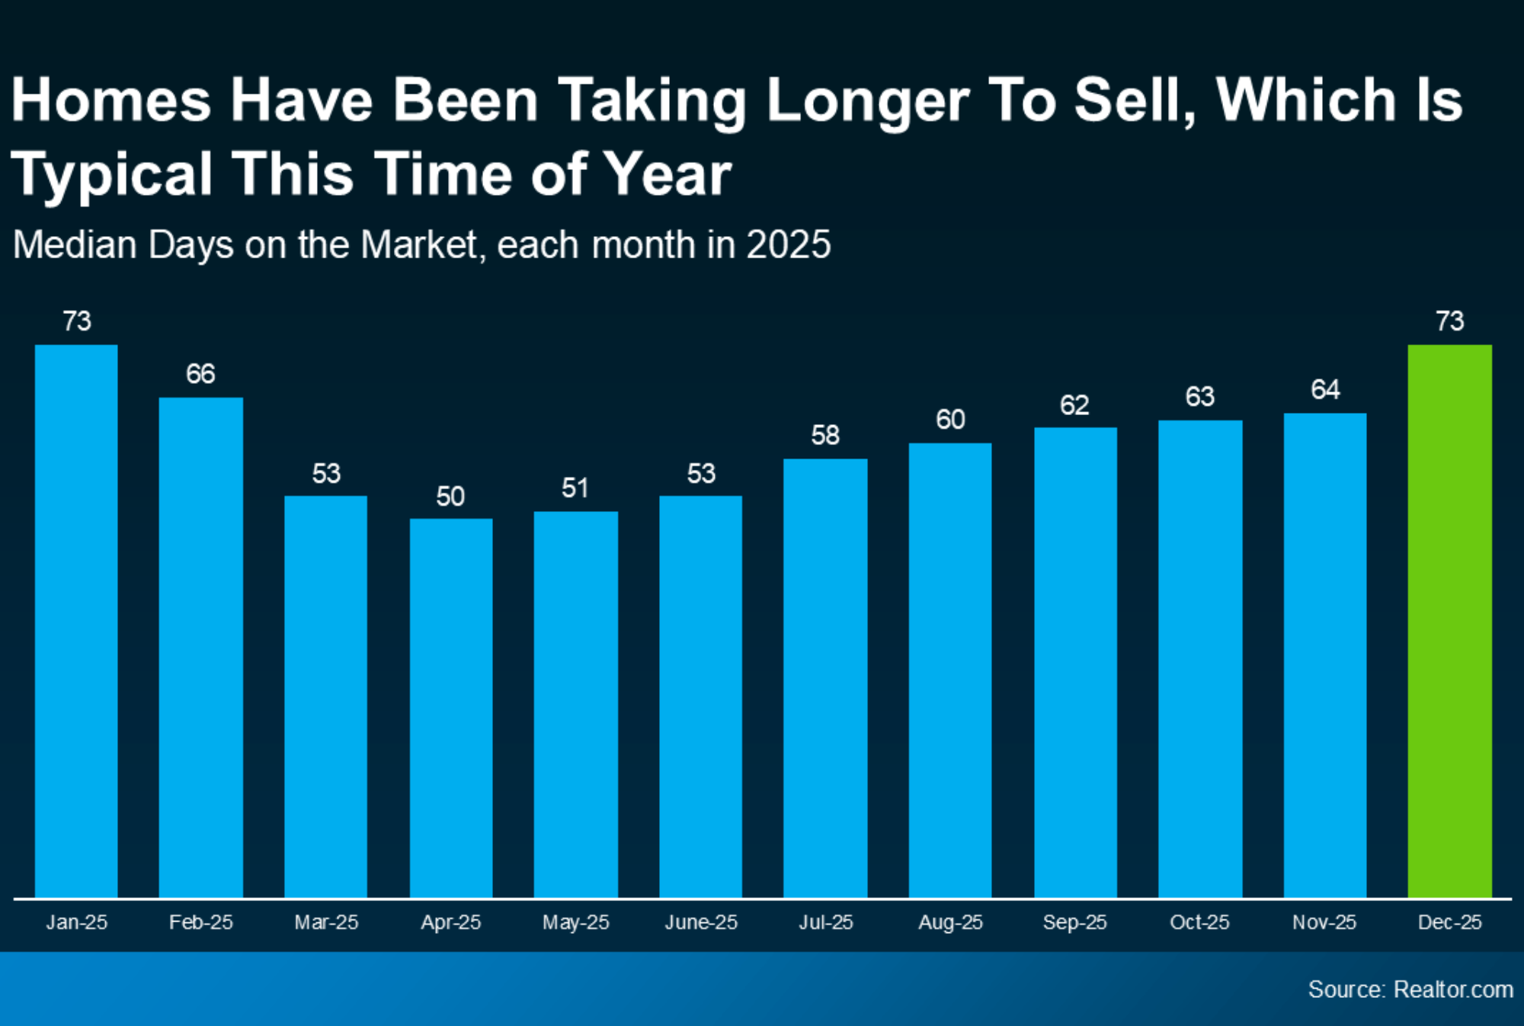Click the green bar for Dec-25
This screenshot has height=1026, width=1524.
coord(1449,621)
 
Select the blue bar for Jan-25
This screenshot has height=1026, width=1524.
coord(76,621)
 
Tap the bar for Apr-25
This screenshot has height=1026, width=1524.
coord(451,708)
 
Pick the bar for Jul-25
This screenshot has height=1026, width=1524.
coord(825,678)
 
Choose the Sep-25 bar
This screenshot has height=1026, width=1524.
coord(1075,663)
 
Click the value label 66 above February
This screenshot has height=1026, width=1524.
coord(200,374)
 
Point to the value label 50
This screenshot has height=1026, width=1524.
coord(450,497)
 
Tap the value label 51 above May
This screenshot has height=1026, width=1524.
coord(575,488)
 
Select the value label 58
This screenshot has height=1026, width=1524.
coord(825,436)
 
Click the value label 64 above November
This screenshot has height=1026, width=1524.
coord(1325,390)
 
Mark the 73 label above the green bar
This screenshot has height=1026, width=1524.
coord(1449,321)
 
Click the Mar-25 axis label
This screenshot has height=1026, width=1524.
coord(326,922)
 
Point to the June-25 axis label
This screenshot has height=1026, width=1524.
coord(701,922)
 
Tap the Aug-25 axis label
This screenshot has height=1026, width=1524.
coord(950,922)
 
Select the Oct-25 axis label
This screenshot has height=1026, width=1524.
coord(1199,922)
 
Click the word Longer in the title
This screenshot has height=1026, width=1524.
coord(867,101)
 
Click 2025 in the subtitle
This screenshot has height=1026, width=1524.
coord(788,245)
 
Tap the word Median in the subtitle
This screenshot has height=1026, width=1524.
coord(76,245)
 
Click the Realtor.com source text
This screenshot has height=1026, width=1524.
coord(1452,989)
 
